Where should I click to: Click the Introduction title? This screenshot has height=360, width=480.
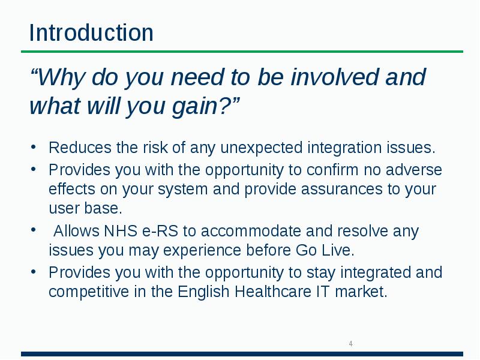[x=91, y=32]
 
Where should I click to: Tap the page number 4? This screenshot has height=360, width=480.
[x=350, y=344]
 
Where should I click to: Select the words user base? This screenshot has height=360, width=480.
[x=85, y=209]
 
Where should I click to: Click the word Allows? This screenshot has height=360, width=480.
[x=76, y=232]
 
